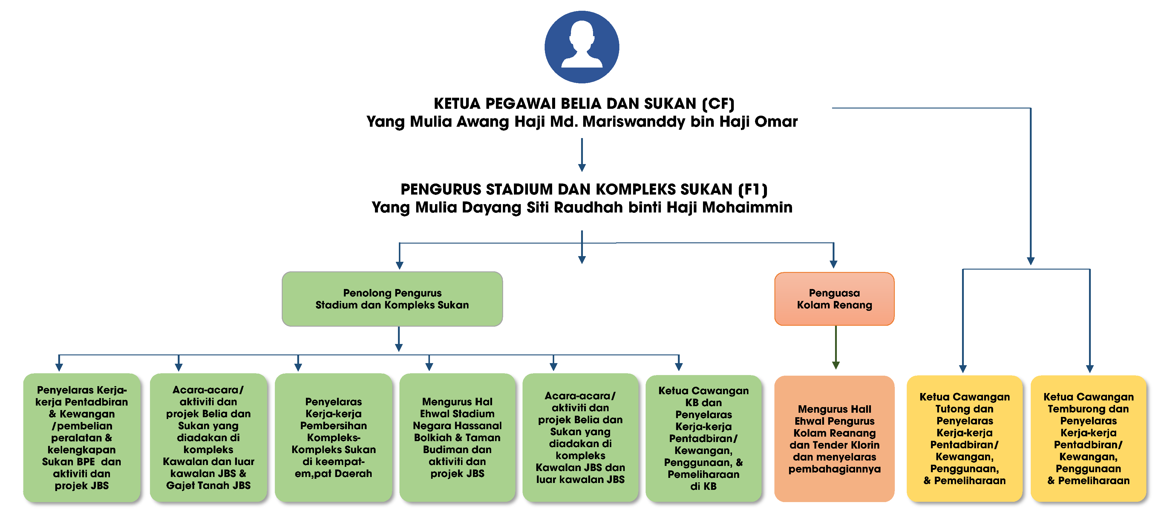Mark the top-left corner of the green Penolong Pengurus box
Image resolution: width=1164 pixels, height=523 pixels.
[x=282, y=272]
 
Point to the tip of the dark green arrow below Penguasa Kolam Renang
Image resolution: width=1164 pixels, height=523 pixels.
[x=836, y=369]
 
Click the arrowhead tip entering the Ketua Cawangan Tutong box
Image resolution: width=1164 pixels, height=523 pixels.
[x=963, y=372]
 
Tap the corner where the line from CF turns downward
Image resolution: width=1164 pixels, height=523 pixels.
[x=1031, y=108]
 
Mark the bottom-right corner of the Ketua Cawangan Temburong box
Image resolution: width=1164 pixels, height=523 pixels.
[x=1146, y=501]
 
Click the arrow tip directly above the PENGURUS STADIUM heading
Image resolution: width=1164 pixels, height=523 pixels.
[x=582, y=171]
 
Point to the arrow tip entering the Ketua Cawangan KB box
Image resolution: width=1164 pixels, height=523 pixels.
[x=679, y=371]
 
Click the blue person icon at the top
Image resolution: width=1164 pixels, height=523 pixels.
[x=582, y=47]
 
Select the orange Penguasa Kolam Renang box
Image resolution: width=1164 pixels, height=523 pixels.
[x=834, y=299]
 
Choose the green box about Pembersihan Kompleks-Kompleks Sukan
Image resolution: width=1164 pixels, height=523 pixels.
[x=333, y=437]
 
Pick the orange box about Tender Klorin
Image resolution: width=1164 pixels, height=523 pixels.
[x=834, y=438]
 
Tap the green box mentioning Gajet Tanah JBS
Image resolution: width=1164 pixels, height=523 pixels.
[x=208, y=437]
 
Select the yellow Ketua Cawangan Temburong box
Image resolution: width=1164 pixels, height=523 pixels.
[x=1088, y=438]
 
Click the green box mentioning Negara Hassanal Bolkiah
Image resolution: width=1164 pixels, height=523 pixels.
[x=457, y=437]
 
